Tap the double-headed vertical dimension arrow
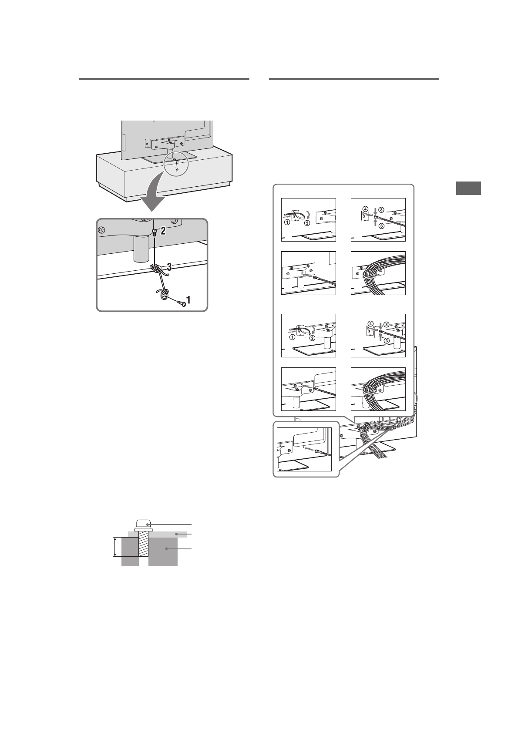pos(115,547)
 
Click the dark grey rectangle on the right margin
pos(469,188)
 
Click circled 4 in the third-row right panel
pos(370,323)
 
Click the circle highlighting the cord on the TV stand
pos(175,162)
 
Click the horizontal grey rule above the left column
pos(164,79)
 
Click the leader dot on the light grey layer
pos(176,534)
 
